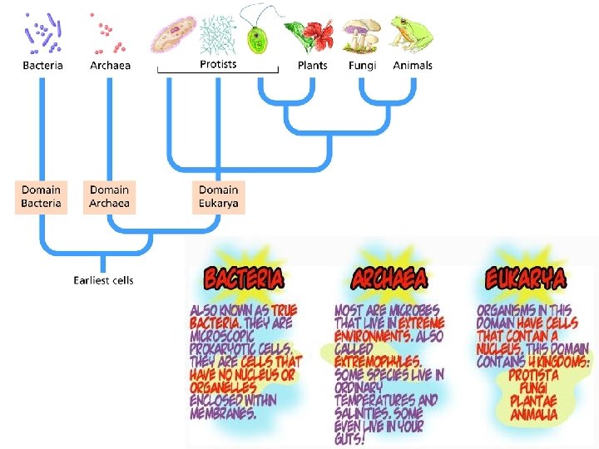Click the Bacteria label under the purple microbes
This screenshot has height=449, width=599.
tap(43, 65)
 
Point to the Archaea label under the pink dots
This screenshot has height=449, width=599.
tap(111, 65)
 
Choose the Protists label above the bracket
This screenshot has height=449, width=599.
tap(218, 64)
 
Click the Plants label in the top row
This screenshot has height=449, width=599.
tap(313, 65)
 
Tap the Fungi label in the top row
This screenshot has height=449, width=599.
tap(363, 65)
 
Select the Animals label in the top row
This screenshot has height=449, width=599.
tap(413, 65)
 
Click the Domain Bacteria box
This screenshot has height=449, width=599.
tap(41, 196)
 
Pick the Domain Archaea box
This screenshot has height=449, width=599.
tap(110, 196)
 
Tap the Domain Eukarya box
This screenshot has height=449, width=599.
tap(219, 196)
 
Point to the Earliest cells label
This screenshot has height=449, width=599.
tap(103, 279)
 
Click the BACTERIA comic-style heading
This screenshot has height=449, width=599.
tap(245, 278)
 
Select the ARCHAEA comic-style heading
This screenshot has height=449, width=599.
tap(390, 278)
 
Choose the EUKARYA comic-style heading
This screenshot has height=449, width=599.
tap(527, 278)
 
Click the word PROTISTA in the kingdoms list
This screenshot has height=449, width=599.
tap(533, 376)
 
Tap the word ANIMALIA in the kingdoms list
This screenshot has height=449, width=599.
tap(534, 414)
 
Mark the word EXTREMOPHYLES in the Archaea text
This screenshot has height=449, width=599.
tap(379, 363)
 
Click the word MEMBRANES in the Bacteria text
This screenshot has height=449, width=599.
tap(223, 413)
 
